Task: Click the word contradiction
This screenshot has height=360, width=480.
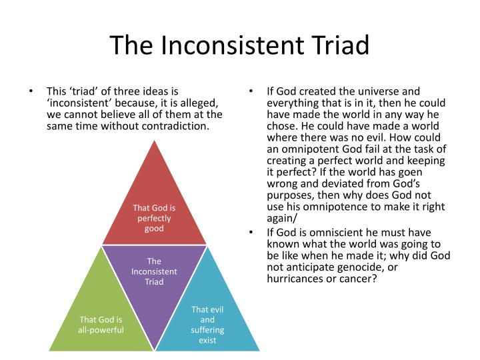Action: (175, 126)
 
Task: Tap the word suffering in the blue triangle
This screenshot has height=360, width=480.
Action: (207, 330)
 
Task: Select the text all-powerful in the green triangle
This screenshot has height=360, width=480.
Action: (101, 330)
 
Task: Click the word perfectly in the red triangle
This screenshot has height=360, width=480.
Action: (154, 219)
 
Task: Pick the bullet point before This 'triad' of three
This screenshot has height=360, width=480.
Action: (30, 91)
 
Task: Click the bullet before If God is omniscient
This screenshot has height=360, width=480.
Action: (251, 232)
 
